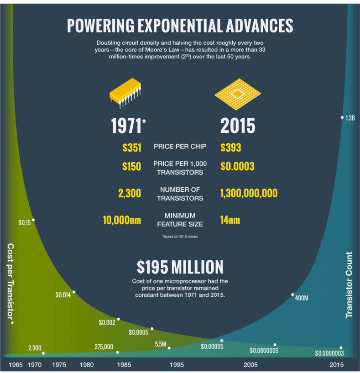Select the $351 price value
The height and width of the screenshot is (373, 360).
pyautogui.click(x=132, y=148)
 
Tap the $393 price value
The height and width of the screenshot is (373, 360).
pyautogui.click(x=230, y=148)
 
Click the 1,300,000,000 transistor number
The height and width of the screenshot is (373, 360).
pyautogui.click(x=249, y=194)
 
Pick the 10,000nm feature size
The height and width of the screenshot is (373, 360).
pyautogui.click(x=122, y=220)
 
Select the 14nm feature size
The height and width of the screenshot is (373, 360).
pyautogui.click(x=230, y=220)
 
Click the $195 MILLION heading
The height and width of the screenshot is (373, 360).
pyautogui.click(x=180, y=267)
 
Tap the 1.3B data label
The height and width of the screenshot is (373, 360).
pyautogui.click(x=350, y=118)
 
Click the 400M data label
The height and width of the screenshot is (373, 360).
pyautogui.click(x=302, y=298)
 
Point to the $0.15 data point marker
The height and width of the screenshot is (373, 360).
pyautogui.click(x=33, y=220)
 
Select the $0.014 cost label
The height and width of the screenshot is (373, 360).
pyautogui.click(x=63, y=295)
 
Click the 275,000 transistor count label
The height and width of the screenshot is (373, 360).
pyautogui.click(x=104, y=347)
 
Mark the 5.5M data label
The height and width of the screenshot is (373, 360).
pyautogui.click(x=160, y=344)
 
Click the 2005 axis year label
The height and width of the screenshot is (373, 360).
pyautogui.click(x=250, y=365)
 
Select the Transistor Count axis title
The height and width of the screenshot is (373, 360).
pyautogui.click(x=349, y=284)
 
